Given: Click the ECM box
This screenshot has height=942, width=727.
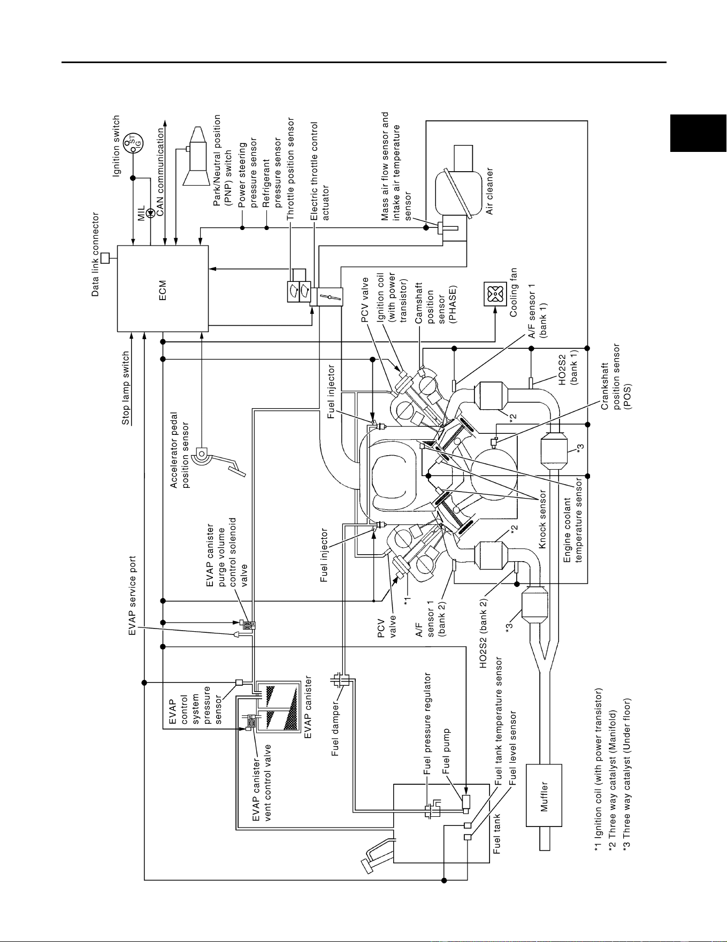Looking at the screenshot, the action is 163,289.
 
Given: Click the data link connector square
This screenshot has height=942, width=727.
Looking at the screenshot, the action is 105,258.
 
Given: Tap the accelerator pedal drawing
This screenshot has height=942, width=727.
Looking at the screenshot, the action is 219,461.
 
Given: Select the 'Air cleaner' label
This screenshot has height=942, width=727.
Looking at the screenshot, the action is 489,191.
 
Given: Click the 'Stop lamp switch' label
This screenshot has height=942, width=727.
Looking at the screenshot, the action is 126,388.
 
